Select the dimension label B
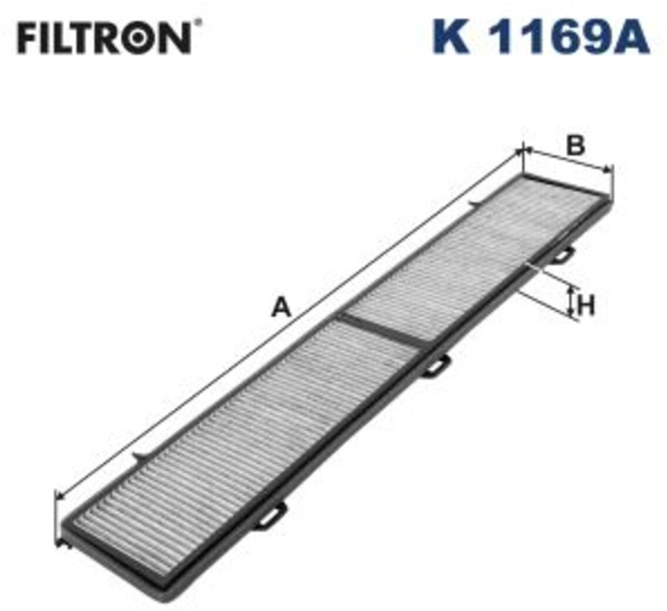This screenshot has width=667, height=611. click(575, 145)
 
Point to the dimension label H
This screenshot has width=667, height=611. click(586, 305)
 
